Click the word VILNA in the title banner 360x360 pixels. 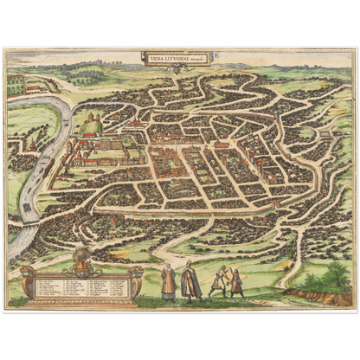click(157, 58)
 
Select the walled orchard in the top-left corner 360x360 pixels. click(15, 84)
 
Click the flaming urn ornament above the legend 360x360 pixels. click(82, 256)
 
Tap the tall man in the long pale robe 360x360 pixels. click(191, 281)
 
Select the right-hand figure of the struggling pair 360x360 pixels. click(236, 282)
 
